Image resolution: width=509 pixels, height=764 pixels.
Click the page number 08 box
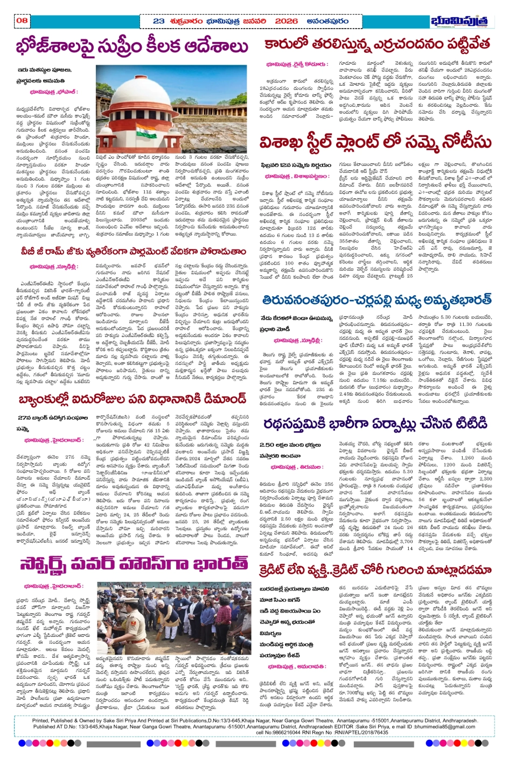(22, 21)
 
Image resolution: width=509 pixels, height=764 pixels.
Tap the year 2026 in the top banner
(286, 21)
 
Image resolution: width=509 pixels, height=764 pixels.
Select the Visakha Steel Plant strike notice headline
(376, 143)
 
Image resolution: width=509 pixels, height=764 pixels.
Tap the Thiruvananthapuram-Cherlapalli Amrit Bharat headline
(376, 300)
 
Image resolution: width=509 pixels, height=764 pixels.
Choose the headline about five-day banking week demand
(132, 399)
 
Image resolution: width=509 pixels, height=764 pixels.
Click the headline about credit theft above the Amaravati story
(375, 570)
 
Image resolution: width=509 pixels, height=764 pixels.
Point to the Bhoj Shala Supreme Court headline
(132, 47)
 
